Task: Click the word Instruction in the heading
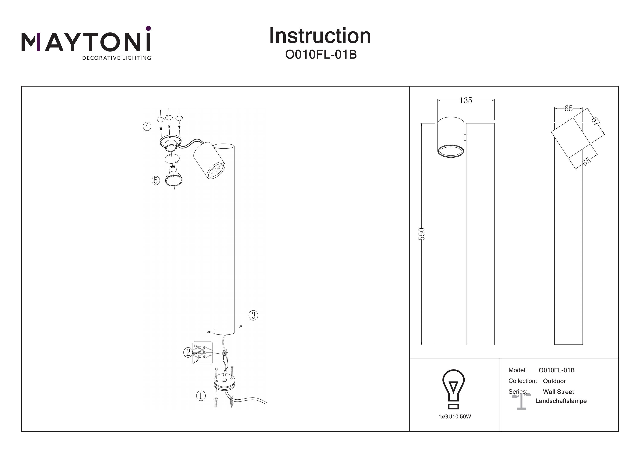pyautogui.click(x=320, y=36)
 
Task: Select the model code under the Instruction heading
pyautogui.click(x=321, y=55)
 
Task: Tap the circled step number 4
pyautogui.click(x=147, y=126)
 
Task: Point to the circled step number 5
pyautogui.click(x=156, y=181)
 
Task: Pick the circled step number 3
pyautogui.click(x=253, y=315)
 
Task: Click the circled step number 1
pyautogui.click(x=201, y=396)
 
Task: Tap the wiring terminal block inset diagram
pyautogui.click(x=203, y=353)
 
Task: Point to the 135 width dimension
pyautogui.click(x=466, y=100)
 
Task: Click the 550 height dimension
pyautogui.click(x=422, y=234)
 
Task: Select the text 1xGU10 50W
pyautogui.click(x=455, y=417)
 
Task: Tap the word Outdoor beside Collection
pyautogui.click(x=554, y=381)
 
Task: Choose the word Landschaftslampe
pyautogui.click(x=561, y=401)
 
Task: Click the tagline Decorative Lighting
pyautogui.click(x=116, y=58)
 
